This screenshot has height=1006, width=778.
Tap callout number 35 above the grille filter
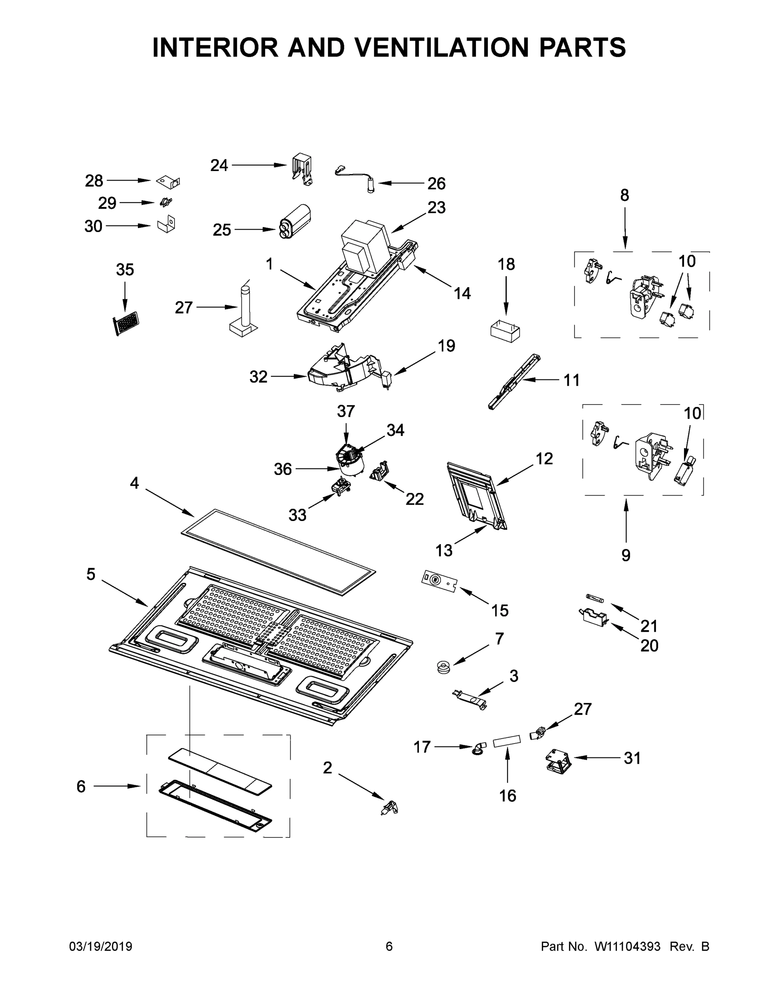point(125,270)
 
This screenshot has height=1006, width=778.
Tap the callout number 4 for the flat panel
point(134,483)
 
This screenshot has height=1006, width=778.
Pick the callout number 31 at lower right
point(632,758)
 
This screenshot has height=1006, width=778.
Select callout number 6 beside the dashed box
point(81,786)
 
